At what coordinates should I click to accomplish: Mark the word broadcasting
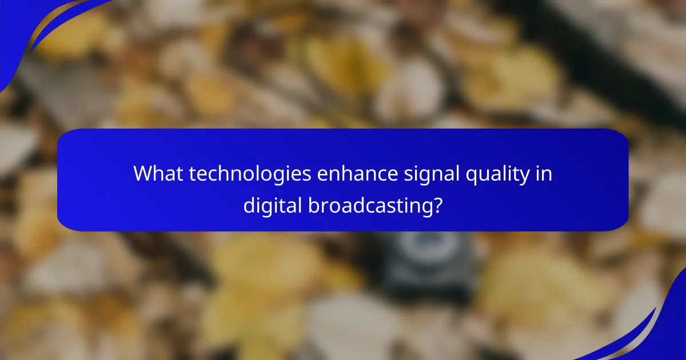366,205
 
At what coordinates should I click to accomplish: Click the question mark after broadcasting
437,205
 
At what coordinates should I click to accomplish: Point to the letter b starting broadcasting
312,204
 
